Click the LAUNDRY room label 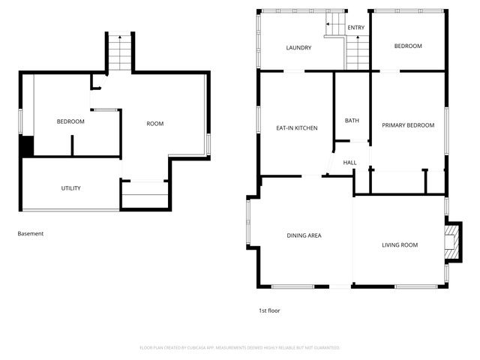(298, 47)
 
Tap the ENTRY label (355, 28)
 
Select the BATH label (352, 121)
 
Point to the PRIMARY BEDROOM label (408, 125)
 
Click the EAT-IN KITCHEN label (297, 128)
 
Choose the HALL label (349, 163)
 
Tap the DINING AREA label (304, 235)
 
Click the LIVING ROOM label (399, 244)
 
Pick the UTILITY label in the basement (70, 188)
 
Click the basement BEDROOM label (70, 121)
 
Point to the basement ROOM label (154, 124)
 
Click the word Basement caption (31, 233)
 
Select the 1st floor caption (268, 310)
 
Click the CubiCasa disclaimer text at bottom (240, 347)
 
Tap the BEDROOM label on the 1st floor (408, 46)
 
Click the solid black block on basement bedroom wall (27, 147)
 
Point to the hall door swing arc (330, 163)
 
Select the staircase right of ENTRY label (358, 52)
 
